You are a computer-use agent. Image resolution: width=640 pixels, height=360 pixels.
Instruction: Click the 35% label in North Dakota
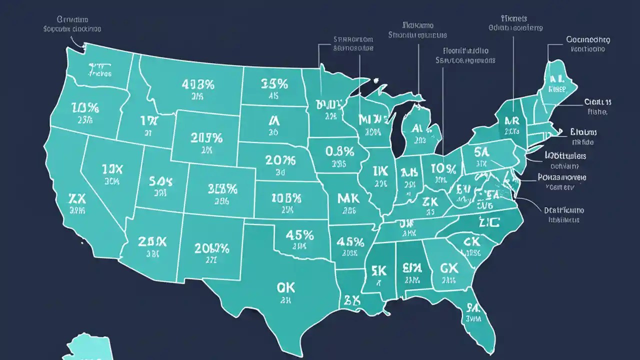pyautogui.click(x=274, y=83)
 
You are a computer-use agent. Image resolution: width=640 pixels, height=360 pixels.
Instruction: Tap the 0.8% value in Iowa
pyautogui.click(x=339, y=151)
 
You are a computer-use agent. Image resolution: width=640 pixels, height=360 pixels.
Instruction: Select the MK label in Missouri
pyautogui.click(x=348, y=198)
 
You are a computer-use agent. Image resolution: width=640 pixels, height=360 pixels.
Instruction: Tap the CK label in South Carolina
pyautogui.click(x=471, y=242)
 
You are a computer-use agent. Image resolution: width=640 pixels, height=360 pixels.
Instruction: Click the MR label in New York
pyautogui.click(x=511, y=120)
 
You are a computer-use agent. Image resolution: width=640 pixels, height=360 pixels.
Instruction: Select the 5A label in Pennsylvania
pyautogui.click(x=482, y=151)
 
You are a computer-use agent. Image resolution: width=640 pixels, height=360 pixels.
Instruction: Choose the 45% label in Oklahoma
pyautogui.click(x=299, y=234)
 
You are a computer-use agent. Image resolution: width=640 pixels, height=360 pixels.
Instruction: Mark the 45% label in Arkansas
pyautogui.click(x=350, y=242)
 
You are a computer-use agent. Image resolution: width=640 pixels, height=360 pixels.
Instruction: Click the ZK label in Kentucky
pyautogui.click(x=430, y=201)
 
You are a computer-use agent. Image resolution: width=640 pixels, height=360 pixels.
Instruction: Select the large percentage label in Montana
pyautogui.click(x=198, y=84)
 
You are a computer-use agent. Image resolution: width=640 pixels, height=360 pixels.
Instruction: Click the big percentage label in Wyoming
pyautogui.click(x=206, y=137)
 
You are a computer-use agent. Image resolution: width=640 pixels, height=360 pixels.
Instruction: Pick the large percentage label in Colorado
pyautogui.click(x=222, y=188)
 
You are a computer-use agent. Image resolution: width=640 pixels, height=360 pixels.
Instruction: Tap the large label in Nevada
pyautogui.click(x=111, y=168)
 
